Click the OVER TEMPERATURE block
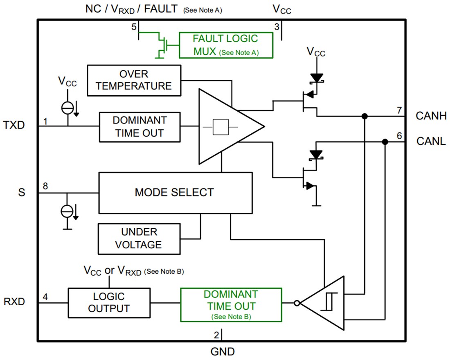point(134,80)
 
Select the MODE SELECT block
point(175,192)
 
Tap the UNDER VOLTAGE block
point(139,239)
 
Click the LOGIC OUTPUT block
point(109,303)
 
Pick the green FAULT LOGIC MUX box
point(225,45)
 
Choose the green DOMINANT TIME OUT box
point(231,304)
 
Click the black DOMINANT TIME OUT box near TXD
point(139,127)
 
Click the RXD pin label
point(14,302)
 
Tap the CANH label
point(430,116)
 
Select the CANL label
point(431,142)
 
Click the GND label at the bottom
point(223,351)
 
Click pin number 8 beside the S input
point(45,186)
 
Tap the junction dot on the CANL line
point(385,142)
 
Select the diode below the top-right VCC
point(317,77)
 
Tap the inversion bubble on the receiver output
point(297,303)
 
